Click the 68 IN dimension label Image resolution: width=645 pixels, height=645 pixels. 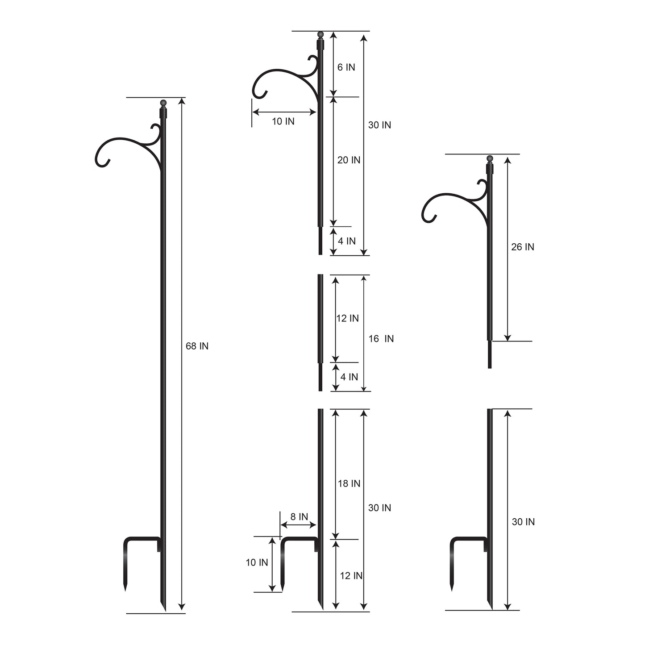197,346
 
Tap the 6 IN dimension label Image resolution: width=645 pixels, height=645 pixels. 346,67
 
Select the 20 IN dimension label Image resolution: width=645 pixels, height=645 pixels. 349,160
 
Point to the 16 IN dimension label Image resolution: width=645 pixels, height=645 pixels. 381,339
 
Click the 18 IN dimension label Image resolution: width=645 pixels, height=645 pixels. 349,483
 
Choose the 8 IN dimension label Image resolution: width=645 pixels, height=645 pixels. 299,516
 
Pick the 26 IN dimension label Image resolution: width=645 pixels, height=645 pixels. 523,247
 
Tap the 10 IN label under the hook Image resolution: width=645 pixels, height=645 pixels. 283,121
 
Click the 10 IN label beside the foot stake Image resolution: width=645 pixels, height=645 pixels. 257,562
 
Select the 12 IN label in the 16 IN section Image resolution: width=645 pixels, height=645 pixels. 347,318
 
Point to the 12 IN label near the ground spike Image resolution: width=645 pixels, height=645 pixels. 351,576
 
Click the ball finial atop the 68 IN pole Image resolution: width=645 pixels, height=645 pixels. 163,103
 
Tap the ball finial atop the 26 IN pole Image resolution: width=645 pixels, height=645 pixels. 490,158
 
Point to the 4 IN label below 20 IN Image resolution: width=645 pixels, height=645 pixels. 347,241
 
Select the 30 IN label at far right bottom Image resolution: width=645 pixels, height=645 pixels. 523,522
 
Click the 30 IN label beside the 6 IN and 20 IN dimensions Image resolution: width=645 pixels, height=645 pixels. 379,125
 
